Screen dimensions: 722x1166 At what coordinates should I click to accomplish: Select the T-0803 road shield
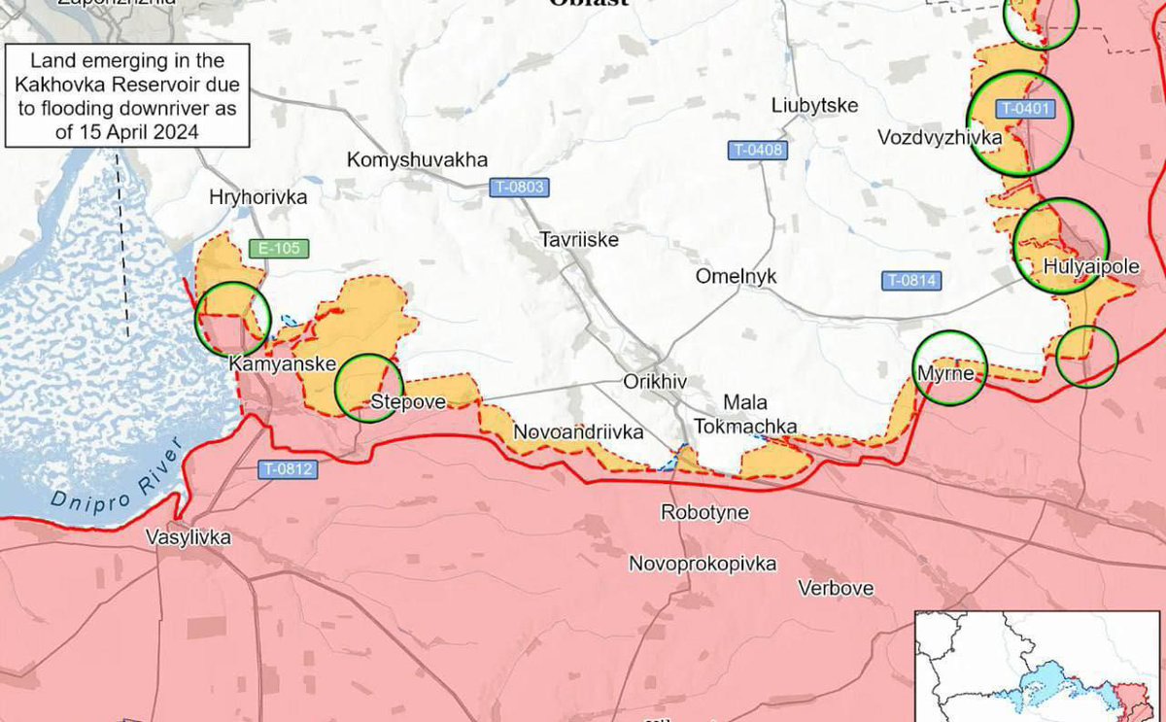click(x=518, y=187)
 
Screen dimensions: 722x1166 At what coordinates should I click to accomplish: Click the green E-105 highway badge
click(x=279, y=249)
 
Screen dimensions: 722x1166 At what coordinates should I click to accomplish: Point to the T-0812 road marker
click(x=288, y=469)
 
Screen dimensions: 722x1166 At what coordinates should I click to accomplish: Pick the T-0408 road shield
click(x=757, y=150)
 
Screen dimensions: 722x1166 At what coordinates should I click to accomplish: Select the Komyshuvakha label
click(x=417, y=160)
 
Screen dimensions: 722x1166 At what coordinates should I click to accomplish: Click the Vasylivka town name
click(x=189, y=537)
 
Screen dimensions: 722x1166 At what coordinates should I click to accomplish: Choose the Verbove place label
click(x=836, y=588)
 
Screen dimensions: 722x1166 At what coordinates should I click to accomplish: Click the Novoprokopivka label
click(x=703, y=564)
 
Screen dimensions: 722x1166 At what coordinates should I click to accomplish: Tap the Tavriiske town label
click(x=579, y=239)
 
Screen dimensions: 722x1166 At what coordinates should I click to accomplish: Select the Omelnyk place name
click(x=736, y=276)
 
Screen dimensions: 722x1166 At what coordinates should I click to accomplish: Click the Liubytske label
click(x=814, y=105)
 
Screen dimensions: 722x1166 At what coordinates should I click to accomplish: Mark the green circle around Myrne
click(x=951, y=367)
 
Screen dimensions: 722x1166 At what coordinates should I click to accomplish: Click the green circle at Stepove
click(x=367, y=388)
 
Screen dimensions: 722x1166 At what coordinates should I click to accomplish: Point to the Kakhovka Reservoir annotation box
click(x=126, y=95)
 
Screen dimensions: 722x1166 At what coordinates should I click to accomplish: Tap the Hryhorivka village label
click(x=257, y=197)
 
